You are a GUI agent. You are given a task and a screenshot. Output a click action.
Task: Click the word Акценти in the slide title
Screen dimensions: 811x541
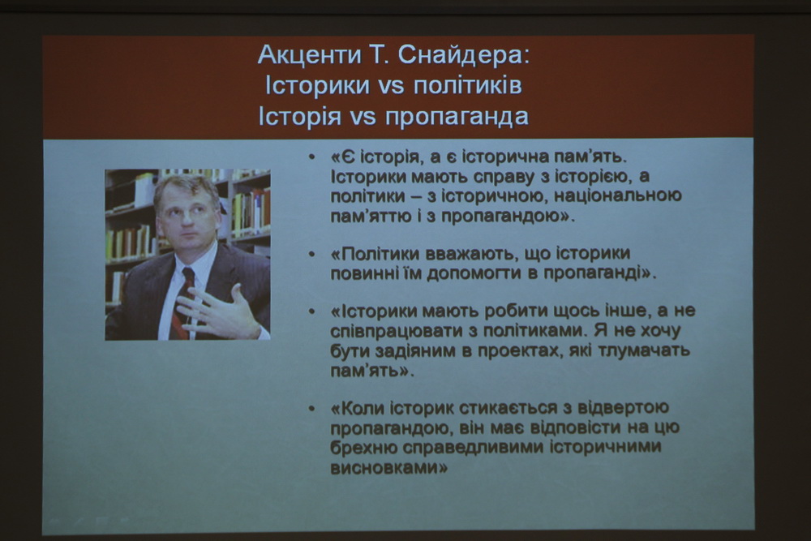tap(309, 55)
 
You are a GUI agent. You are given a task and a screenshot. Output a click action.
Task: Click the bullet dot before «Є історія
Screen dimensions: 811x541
tap(311, 157)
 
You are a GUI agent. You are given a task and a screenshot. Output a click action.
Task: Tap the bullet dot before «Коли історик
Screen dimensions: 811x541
tap(311, 409)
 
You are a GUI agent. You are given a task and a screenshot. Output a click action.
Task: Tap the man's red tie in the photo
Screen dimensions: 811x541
tap(182, 303)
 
